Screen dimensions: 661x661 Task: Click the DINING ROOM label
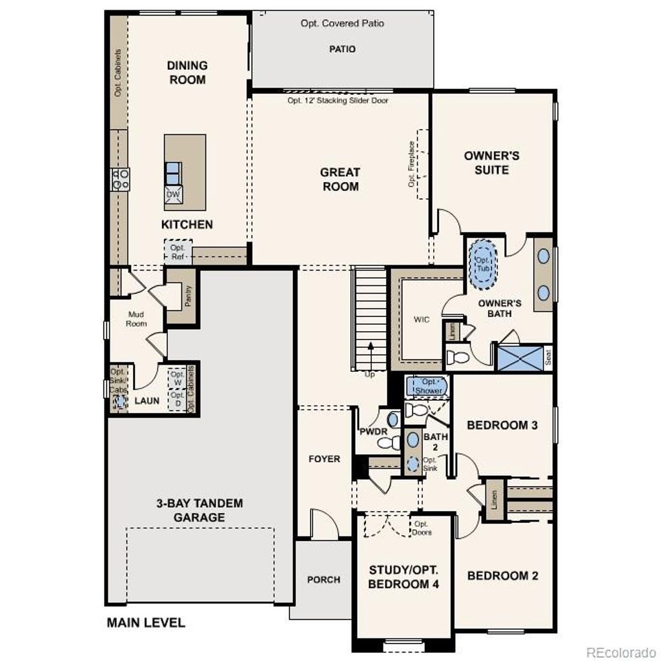(187, 72)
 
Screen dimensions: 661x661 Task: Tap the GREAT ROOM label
(340, 179)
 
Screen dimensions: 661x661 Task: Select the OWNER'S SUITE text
(491, 163)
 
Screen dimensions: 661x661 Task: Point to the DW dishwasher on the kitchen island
(173, 194)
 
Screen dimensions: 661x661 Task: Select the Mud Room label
(136, 319)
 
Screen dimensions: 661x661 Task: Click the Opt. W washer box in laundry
(178, 378)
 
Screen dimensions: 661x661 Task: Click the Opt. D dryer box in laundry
(178, 400)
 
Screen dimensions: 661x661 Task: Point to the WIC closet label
(422, 320)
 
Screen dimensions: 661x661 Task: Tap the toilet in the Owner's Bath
(458, 357)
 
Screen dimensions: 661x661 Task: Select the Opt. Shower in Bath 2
(428, 386)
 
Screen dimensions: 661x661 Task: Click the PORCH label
(323, 580)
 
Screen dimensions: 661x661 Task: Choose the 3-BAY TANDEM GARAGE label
(190, 510)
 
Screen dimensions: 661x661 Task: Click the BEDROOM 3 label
(502, 425)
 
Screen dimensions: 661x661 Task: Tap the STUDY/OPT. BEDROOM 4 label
(403, 577)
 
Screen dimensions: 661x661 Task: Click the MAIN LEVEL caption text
(145, 623)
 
